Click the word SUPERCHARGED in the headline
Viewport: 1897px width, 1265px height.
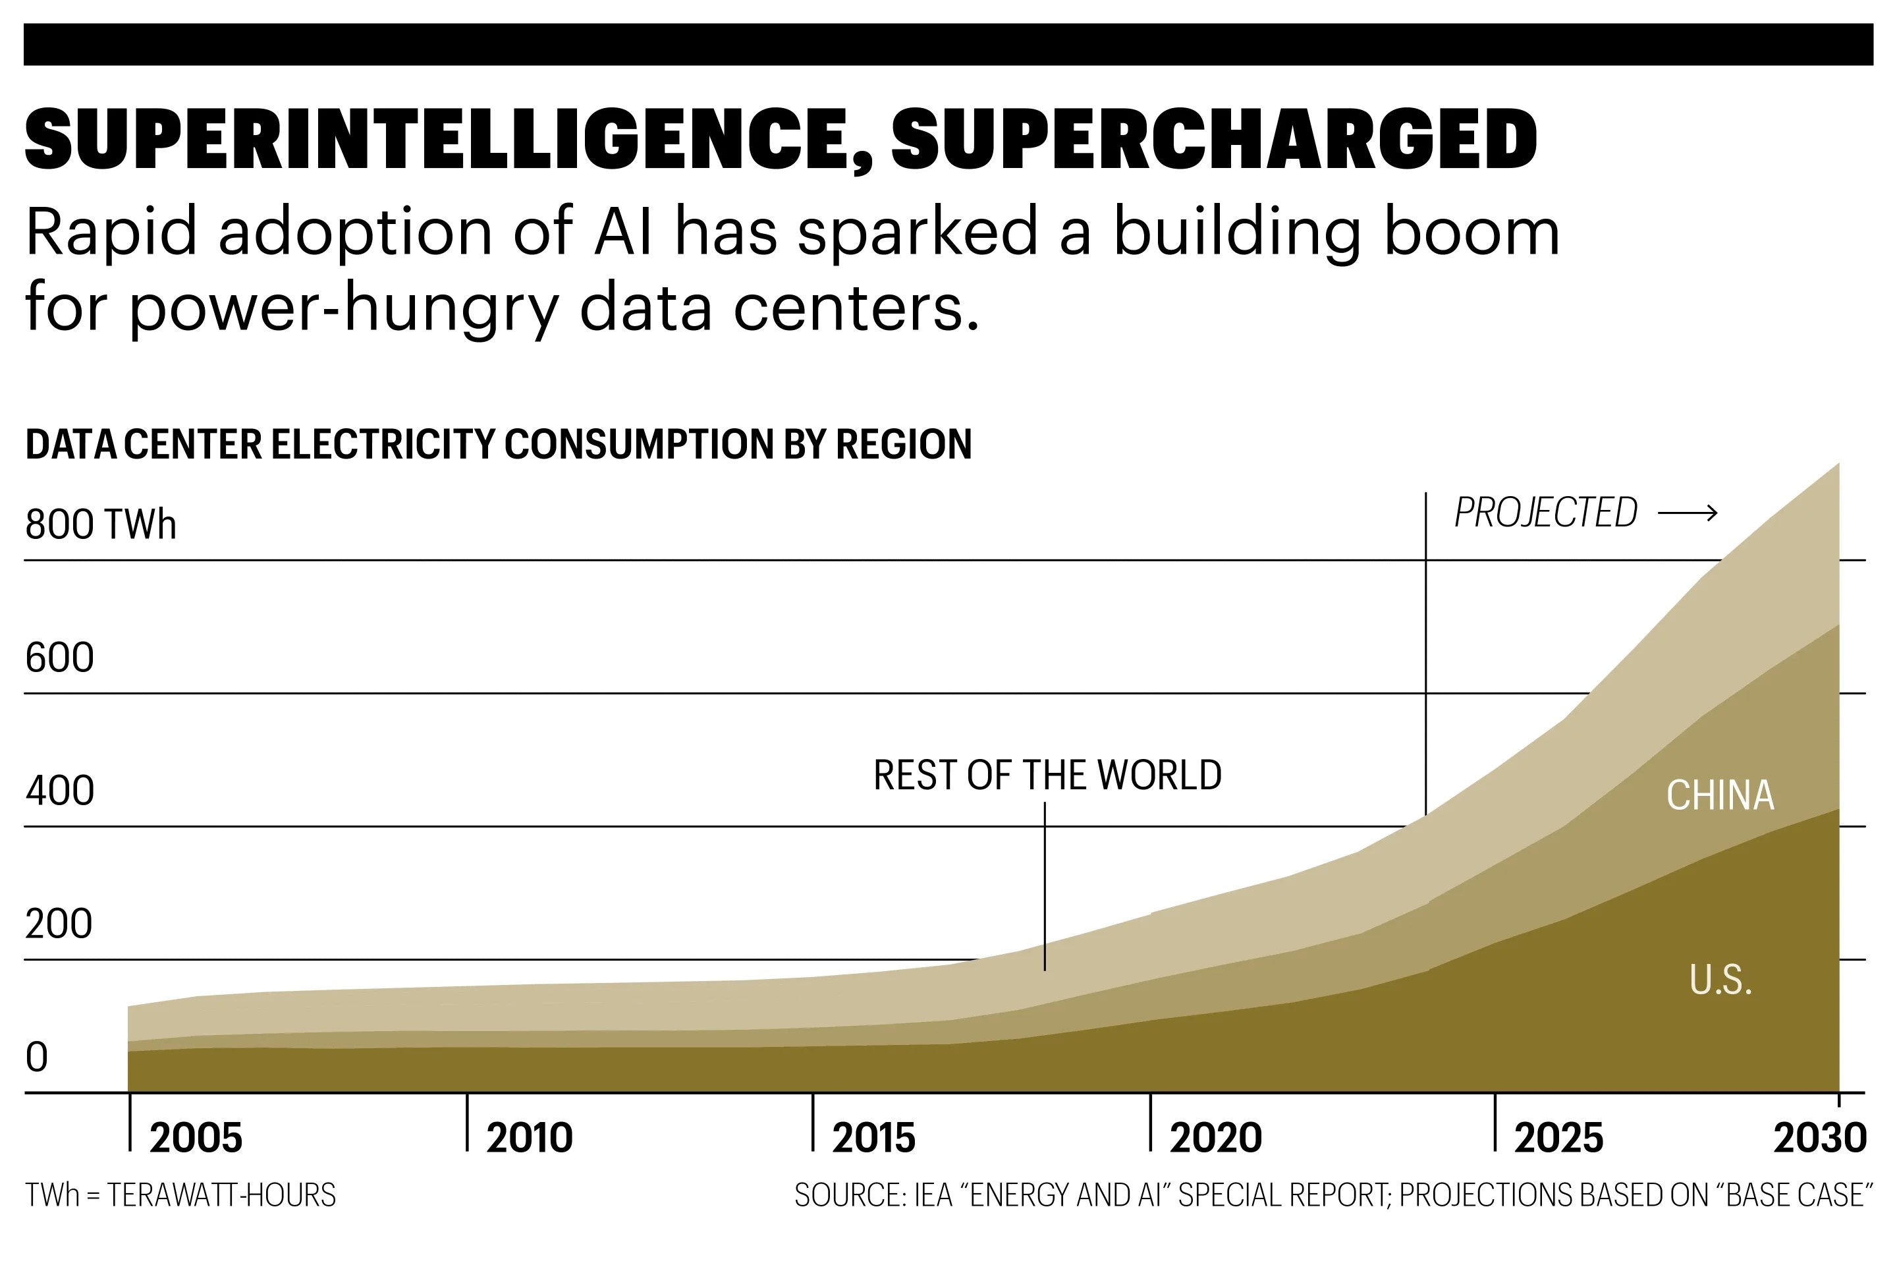coord(1214,139)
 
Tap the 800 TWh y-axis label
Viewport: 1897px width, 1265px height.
coord(101,524)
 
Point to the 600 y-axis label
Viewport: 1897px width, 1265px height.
coord(60,658)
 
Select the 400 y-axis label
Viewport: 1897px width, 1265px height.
coord(60,791)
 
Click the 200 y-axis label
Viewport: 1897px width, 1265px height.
coord(59,924)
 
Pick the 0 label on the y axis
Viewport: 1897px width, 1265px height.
coord(37,1057)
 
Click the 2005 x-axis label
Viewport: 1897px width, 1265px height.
coord(196,1138)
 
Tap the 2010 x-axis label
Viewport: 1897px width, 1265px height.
coord(529,1138)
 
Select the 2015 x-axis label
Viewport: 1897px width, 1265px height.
coord(873,1138)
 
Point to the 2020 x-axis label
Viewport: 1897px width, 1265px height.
coord(1215,1138)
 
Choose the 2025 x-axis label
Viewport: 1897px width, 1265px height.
coord(1558,1138)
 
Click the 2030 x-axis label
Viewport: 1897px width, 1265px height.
coord(1819,1138)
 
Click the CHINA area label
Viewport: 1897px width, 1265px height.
coord(1720,795)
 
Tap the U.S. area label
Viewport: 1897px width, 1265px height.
coord(1720,981)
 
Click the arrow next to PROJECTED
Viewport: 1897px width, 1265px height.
coord(1688,513)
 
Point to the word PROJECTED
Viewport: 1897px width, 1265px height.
coord(1545,513)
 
